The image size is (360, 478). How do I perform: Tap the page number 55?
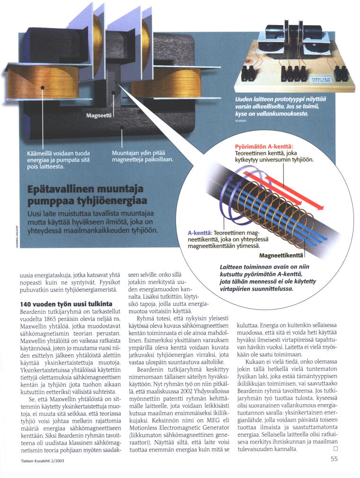click(334, 458)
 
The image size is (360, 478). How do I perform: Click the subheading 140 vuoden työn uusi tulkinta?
click(66, 303)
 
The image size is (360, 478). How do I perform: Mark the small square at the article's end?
click(335, 448)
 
